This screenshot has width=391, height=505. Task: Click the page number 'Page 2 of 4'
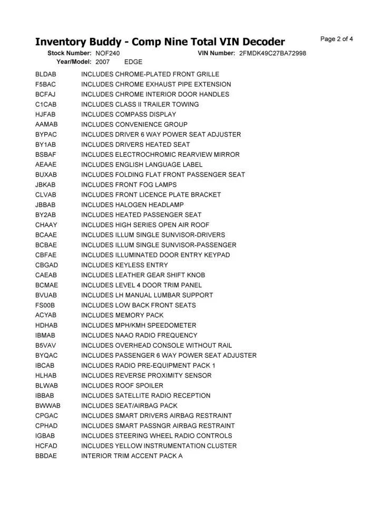[336, 39]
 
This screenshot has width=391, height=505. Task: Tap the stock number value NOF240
[107, 54]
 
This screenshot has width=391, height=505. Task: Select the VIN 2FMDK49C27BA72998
[272, 54]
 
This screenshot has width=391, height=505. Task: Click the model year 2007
[103, 62]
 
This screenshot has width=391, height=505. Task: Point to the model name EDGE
[133, 62]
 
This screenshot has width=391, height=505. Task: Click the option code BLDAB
[46, 74]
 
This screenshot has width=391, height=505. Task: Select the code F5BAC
[46, 84]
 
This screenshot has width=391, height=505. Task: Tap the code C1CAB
[46, 104]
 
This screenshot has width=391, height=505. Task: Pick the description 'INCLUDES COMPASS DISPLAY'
[129, 114]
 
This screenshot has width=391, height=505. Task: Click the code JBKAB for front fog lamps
[46, 185]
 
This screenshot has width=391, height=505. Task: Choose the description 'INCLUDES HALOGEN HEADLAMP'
[132, 205]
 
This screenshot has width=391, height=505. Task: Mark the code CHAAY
[46, 225]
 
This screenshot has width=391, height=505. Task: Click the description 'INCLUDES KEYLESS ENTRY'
[124, 265]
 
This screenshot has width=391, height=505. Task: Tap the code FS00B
[45, 305]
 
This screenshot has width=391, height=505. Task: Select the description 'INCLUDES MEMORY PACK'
[122, 315]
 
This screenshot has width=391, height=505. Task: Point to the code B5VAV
[46, 345]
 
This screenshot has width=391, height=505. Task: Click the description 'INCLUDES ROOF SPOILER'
[122, 386]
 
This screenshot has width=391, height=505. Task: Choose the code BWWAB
[48, 406]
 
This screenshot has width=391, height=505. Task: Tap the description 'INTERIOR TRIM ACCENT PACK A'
[132, 456]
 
